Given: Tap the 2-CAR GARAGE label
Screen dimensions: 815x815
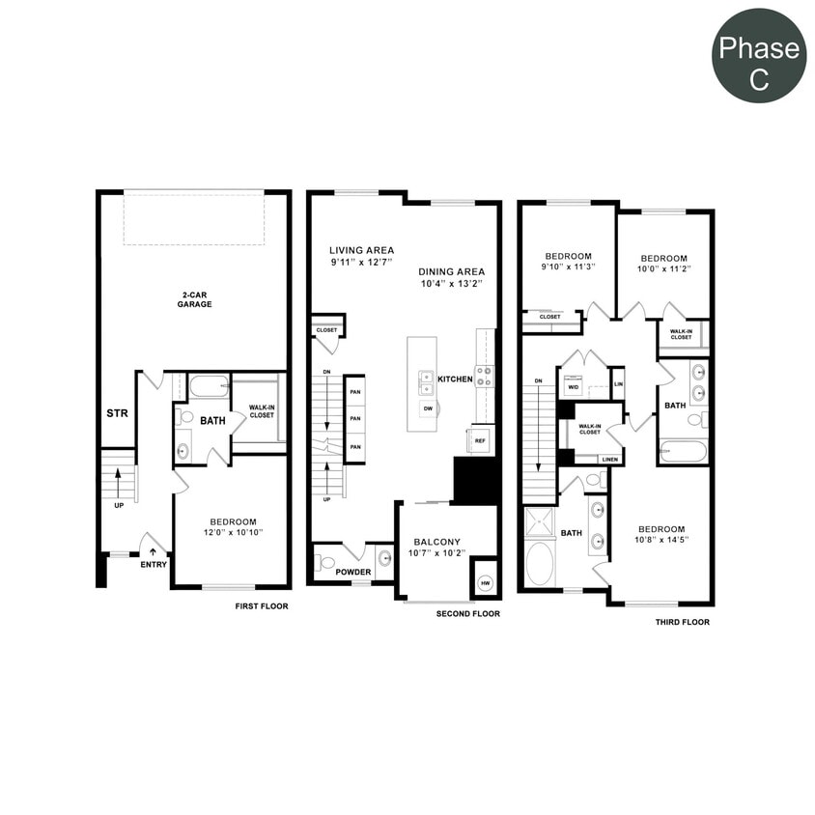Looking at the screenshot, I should [194, 298].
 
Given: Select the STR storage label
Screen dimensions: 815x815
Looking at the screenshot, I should [117, 414].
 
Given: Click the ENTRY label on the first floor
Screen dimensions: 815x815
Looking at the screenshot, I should [154, 564].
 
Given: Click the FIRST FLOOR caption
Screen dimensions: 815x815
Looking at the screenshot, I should [262, 606].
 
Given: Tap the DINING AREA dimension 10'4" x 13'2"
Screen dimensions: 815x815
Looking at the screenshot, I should [451, 284].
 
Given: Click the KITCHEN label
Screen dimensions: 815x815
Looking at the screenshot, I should [455, 379].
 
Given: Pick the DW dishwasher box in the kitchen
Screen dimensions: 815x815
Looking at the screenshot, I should [426, 408].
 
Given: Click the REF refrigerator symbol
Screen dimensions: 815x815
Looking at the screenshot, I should [480, 440].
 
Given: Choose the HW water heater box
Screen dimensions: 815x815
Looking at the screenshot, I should [485, 583].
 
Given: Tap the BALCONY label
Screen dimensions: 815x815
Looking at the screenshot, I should [437, 542].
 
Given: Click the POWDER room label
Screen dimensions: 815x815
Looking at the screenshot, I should [353, 572].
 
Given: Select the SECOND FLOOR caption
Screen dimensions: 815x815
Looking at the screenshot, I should [467, 614].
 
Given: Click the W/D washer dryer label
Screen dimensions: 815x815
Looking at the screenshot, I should [573, 387].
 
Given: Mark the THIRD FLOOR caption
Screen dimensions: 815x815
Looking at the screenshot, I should [682, 622].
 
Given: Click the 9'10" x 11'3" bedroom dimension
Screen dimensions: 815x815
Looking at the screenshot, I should [567, 267].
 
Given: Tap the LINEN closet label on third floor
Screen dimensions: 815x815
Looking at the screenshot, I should [609, 460].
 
